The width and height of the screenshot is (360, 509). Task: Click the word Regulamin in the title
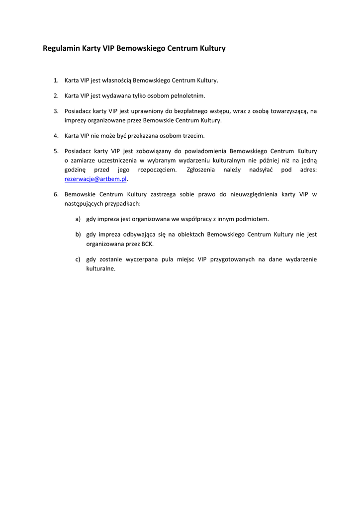coord(58,49)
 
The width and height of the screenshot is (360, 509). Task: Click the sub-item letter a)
coord(78,219)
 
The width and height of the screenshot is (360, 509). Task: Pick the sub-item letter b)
coord(78,234)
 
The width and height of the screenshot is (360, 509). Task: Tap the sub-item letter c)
coord(78,259)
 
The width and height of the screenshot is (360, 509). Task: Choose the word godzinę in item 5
coord(75,170)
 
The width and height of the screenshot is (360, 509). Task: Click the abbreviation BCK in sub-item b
coord(148,244)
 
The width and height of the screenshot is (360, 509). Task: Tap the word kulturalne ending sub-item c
coord(100,269)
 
